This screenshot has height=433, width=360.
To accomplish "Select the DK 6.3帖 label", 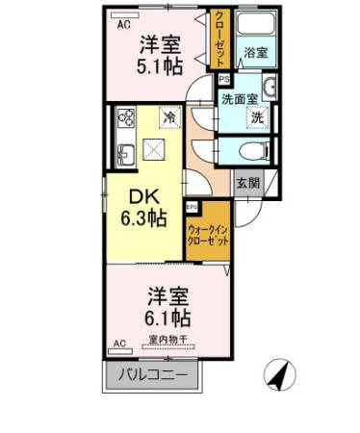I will [141, 206].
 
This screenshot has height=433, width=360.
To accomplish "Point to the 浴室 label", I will [255, 53].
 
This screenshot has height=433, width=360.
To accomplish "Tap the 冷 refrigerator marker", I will [168, 117].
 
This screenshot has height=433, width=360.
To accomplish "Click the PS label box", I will [223, 81].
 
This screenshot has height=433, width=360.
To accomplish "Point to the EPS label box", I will [192, 207].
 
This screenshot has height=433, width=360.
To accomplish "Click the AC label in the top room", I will [122, 26].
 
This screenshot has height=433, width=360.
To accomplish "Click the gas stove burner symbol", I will [125, 119].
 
